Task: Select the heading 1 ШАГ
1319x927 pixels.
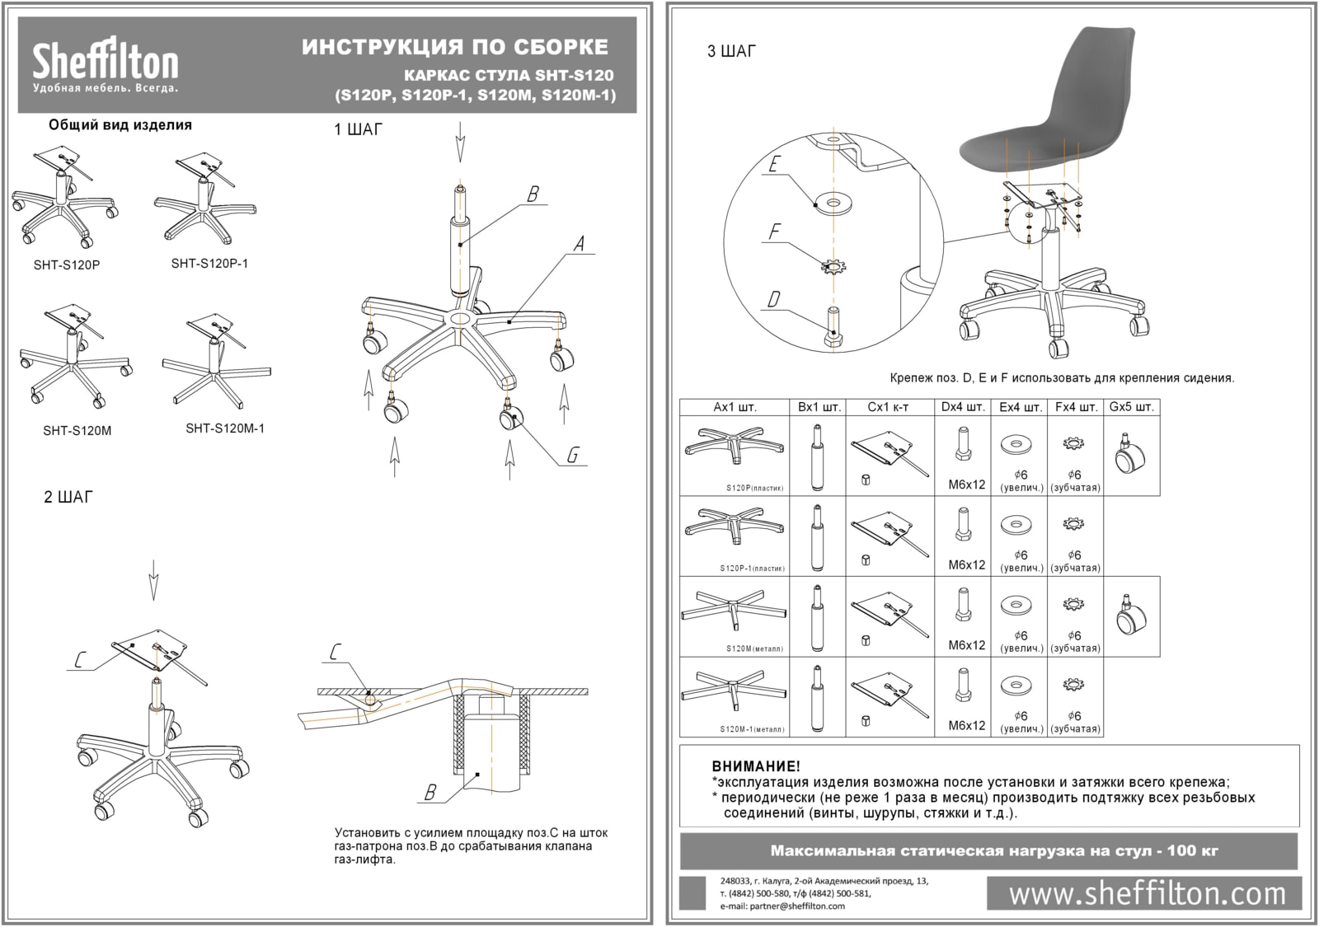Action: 358,130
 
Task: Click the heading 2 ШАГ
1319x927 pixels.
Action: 68,497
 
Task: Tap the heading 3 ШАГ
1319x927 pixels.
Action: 731,52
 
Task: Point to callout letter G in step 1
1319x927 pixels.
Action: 572,454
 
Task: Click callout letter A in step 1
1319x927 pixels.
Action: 579,244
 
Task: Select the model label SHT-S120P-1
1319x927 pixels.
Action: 209,264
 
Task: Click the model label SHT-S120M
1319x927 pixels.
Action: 77,430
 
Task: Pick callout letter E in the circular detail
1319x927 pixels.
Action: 773,165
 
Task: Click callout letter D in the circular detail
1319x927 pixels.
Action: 773,299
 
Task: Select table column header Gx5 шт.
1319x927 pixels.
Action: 1131,407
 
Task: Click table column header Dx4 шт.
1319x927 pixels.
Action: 963,407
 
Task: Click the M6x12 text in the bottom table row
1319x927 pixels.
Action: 966,725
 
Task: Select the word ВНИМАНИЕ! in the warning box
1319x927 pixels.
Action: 756,766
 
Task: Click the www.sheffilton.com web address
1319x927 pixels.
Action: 1147,894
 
